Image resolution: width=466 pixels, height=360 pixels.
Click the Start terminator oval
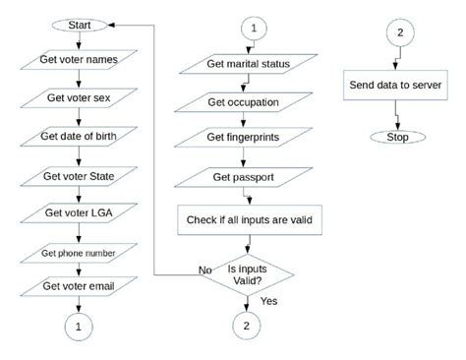[x=80, y=24]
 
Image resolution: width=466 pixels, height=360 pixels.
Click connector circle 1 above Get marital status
[x=253, y=27]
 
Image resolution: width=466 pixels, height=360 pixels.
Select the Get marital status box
[x=248, y=66]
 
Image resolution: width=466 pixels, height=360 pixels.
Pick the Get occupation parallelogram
[x=248, y=102]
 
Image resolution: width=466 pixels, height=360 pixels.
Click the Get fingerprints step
[x=248, y=139]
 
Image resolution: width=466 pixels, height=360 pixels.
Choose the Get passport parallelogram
[x=248, y=177]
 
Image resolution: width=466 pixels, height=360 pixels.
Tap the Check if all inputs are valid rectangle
[x=249, y=220]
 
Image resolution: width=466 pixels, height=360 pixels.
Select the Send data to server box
[x=396, y=85]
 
